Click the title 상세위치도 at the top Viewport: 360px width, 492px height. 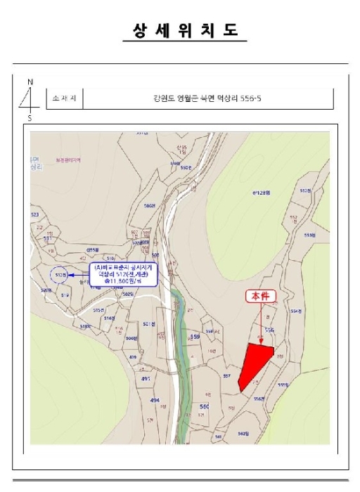pyautogui.click(x=186, y=31)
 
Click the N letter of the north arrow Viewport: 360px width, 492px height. pyautogui.click(x=30, y=82)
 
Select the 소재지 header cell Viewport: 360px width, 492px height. pyautogui.click(x=63, y=99)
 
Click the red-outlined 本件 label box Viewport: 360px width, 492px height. pyautogui.click(x=261, y=297)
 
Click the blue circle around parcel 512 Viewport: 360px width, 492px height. pyautogui.click(x=60, y=274)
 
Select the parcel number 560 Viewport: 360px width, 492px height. pyautogui.click(x=205, y=407)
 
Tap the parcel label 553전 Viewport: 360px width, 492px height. pyautogui.click(x=309, y=236)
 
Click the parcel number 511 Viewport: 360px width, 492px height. pyautogui.click(x=49, y=239)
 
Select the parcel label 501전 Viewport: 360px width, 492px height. pyautogui.click(x=148, y=324)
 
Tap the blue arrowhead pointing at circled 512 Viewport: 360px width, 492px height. pyautogui.click(x=71, y=274)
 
